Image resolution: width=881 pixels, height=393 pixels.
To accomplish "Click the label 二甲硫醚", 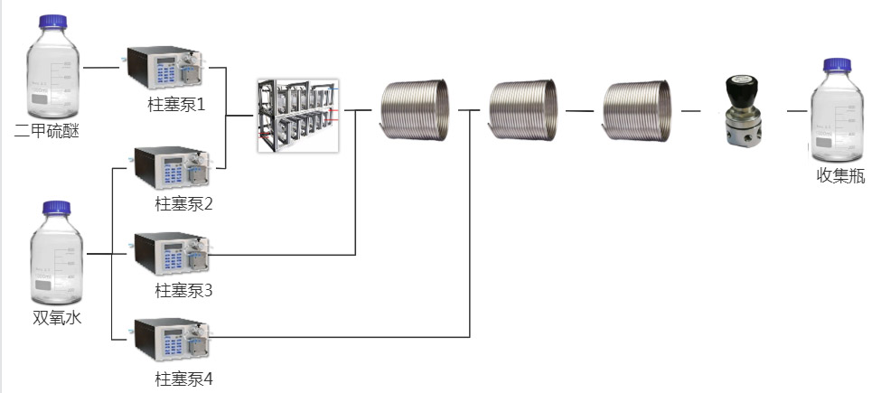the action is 47,132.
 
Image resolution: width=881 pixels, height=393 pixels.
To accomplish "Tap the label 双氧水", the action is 57,318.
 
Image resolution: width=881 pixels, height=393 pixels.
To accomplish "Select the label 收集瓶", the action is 840,176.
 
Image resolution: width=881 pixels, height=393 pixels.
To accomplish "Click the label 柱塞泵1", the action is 176,105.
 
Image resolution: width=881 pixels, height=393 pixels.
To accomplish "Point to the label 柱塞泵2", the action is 183,204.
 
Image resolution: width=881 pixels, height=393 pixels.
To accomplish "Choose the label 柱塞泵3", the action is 183,291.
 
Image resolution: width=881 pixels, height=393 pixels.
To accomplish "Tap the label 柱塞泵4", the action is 183,379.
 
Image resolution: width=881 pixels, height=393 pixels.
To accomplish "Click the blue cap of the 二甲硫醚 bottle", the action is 52,22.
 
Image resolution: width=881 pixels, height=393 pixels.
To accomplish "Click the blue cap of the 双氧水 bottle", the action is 57,208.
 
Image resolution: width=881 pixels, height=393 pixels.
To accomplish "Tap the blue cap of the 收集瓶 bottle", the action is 837,65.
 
